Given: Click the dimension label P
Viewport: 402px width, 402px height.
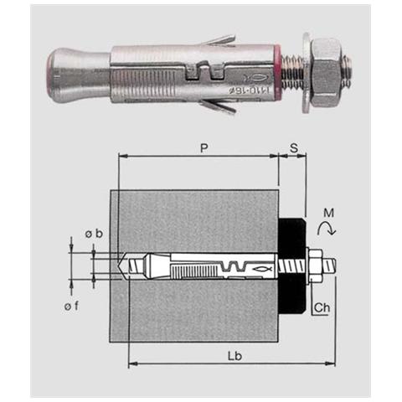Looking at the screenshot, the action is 204,148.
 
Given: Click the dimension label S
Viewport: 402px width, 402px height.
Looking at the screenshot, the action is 294,148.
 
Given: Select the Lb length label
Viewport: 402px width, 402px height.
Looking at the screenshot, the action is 234,356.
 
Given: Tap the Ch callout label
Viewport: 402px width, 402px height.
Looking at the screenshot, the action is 322,307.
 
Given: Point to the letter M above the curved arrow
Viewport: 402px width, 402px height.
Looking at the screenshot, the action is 328,213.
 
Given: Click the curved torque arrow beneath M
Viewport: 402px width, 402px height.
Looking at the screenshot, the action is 327,228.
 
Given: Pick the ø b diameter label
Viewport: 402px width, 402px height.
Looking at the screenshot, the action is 94,234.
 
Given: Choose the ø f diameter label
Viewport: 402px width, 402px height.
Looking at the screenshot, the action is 71,307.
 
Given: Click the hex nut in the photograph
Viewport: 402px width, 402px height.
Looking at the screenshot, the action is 326,73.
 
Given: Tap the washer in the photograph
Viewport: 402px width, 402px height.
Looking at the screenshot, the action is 307,73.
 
